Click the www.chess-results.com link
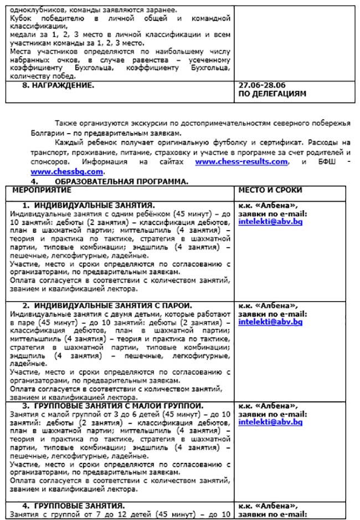[241, 162]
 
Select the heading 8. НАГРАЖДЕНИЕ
[63, 85]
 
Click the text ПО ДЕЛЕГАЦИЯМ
[272, 94]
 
